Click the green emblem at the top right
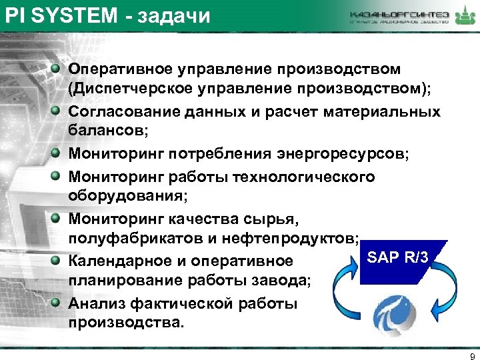coord(461,16)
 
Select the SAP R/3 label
coord(398,257)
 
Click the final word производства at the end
coord(123,323)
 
